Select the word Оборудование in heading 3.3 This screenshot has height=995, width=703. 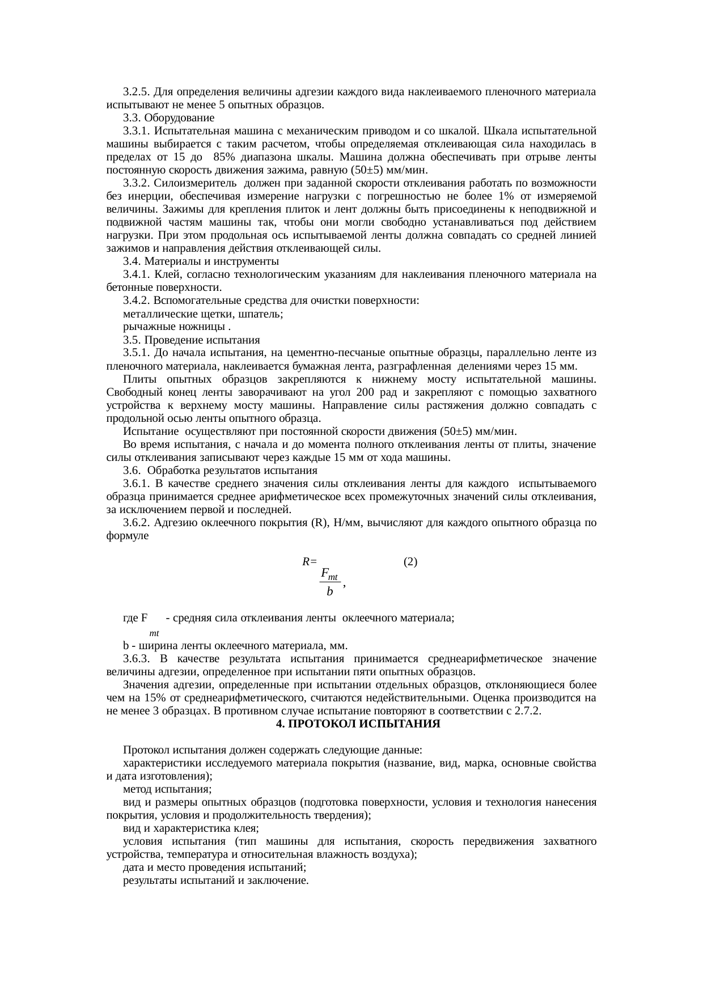coord(179,118)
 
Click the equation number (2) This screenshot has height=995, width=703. coord(410,562)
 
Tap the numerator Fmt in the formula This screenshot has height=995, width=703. coord(329,574)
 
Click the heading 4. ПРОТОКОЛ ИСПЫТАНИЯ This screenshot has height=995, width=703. coord(358,724)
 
